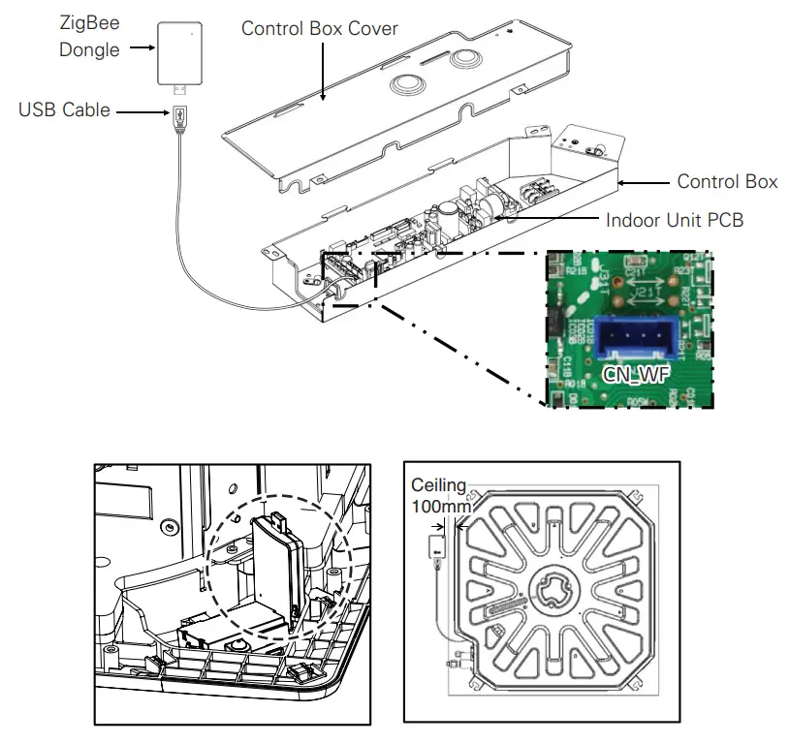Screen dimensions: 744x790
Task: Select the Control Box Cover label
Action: [320, 28]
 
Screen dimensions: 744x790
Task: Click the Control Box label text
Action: [727, 181]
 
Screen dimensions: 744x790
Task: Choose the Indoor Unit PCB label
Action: [675, 220]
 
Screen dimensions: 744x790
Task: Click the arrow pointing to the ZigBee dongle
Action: [143, 46]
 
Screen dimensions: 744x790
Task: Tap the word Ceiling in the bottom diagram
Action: [438, 484]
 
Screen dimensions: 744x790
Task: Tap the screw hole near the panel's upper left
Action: [171, 526]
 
